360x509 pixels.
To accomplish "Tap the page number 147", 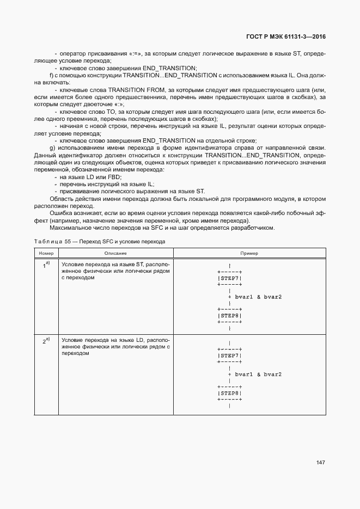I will pos(320,462).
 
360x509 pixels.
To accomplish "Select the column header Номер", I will pos(45,253).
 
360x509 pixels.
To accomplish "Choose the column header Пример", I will pos(249,253).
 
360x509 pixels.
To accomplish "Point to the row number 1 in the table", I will pos(46,266).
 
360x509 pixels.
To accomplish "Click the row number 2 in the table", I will pos(46,341).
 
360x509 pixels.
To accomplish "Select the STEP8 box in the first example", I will pos(229,316).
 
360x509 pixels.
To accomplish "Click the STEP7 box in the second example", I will pos(229,355).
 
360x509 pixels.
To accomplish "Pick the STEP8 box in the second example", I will pos(229,393).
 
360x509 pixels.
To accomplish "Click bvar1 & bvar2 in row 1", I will pos(258,297).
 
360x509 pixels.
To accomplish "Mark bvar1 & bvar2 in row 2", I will pos(258,375).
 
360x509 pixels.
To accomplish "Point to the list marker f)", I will pos(51,75).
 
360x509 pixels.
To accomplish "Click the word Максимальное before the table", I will pos(72,228).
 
